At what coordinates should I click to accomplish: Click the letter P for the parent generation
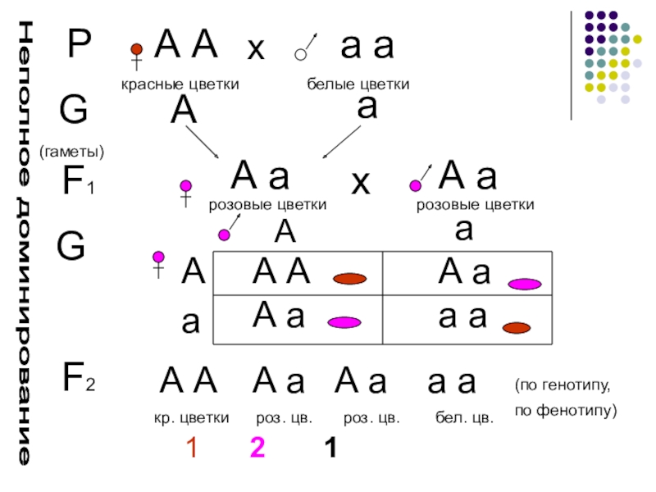[80, 47]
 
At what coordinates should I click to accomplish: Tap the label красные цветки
[180, 84]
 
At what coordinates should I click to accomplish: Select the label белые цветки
[358, 84]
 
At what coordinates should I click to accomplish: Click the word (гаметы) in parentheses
[71, 153]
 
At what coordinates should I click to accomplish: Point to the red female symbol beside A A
[137, 55]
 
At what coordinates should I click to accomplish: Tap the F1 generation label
[79, 184]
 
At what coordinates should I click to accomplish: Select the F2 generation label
[80, 378]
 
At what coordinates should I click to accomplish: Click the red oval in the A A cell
[349, 279]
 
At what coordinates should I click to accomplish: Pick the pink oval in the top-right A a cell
[524, 285]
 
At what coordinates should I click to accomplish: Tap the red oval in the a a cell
[517, 328]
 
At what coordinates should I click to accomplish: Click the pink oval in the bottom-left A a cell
[344, 323]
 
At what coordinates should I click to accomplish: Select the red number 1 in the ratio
[191, 449]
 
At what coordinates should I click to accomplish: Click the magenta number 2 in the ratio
[257, 449]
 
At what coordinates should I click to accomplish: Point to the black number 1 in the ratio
[330, 449]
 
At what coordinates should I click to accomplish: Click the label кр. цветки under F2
[191, 418]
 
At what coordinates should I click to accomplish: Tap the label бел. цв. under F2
[464, 418]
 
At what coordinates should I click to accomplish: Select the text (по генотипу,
[563, 384]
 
